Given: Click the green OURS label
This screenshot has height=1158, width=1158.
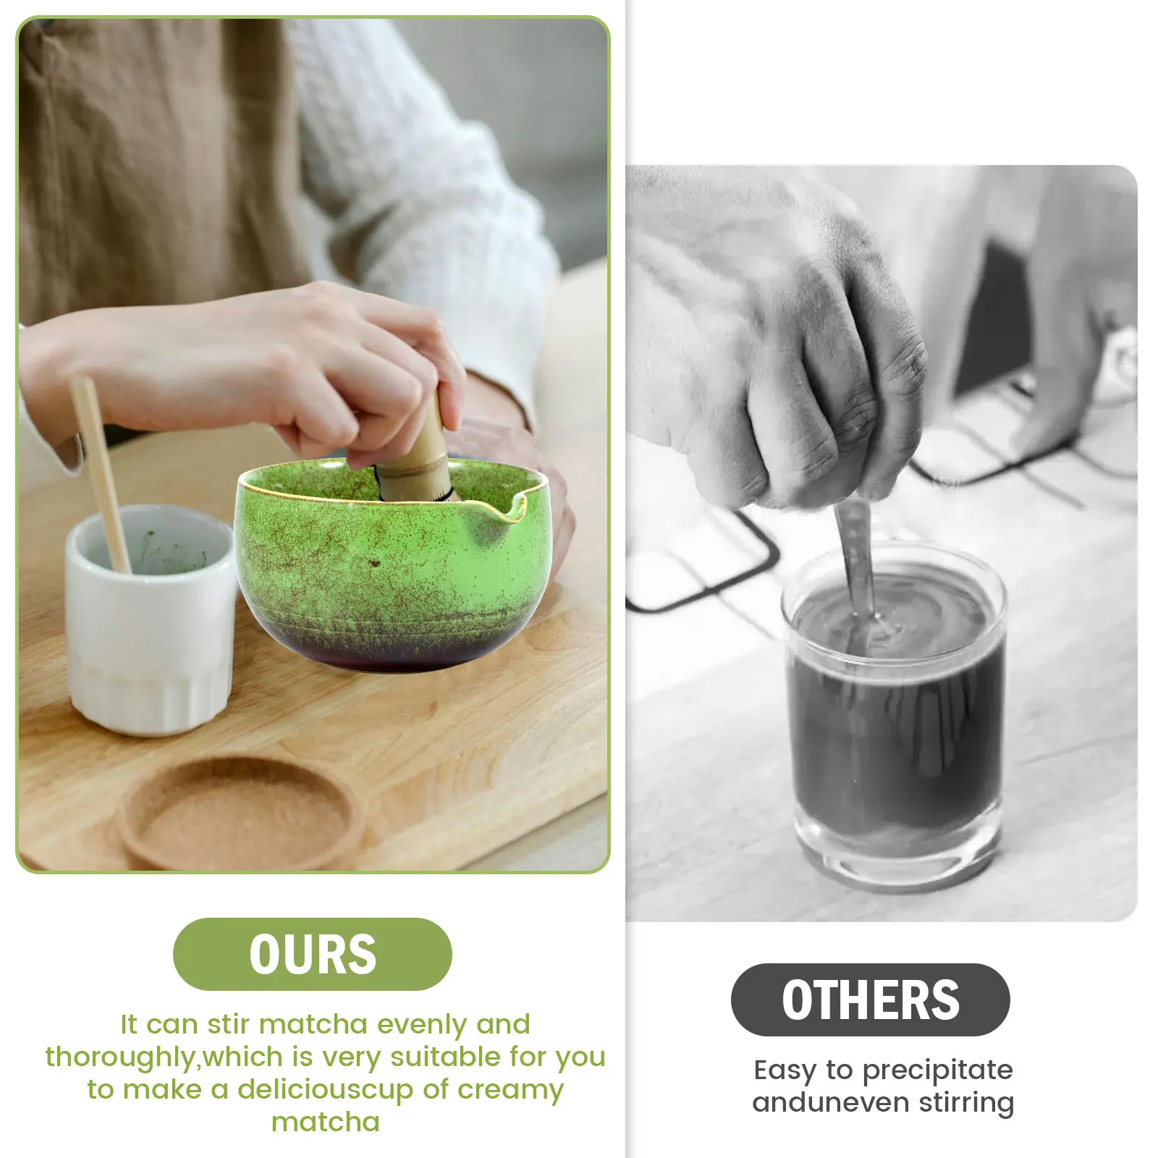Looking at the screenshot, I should click(312, 954).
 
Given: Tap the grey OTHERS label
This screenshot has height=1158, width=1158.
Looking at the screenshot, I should click(870, 999).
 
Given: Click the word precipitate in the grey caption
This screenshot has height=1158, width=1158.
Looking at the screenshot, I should click(938, 1070).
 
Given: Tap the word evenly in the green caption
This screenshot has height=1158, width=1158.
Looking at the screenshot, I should click(422, 1025).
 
